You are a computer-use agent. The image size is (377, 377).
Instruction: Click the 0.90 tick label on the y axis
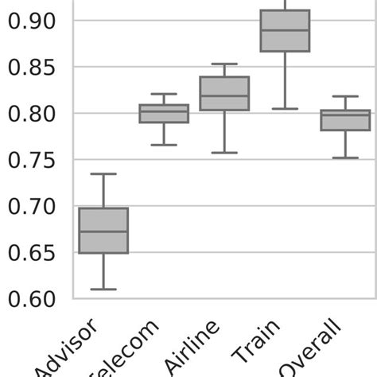pos(33,21)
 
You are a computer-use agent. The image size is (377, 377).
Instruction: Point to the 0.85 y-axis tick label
pos(33,68)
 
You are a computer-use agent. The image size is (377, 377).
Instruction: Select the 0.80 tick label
pos(33,114)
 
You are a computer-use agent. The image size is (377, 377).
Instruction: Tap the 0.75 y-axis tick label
pos(33,160)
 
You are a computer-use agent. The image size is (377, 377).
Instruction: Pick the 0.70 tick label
pos(33,207)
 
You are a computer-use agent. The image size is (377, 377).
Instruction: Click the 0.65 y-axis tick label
pos(33,253)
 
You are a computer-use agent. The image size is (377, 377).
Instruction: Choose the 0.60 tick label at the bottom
pos(33,299)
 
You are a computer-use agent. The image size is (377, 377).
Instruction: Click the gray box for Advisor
pos(103,230)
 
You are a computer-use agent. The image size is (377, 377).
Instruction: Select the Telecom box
pos(164,114)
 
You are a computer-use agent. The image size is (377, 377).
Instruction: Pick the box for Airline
pos(224,93)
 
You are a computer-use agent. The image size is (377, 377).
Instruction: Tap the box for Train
pos(285,30)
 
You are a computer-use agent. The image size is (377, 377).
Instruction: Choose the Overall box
pos(345,120)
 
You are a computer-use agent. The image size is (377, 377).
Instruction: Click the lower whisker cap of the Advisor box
pos(103,289)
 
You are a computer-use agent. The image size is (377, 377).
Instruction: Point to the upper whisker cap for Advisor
pos(103,173)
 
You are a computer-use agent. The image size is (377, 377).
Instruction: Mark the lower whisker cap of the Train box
pos(285,108)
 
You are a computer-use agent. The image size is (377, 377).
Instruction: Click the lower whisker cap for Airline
pos(224,152)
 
